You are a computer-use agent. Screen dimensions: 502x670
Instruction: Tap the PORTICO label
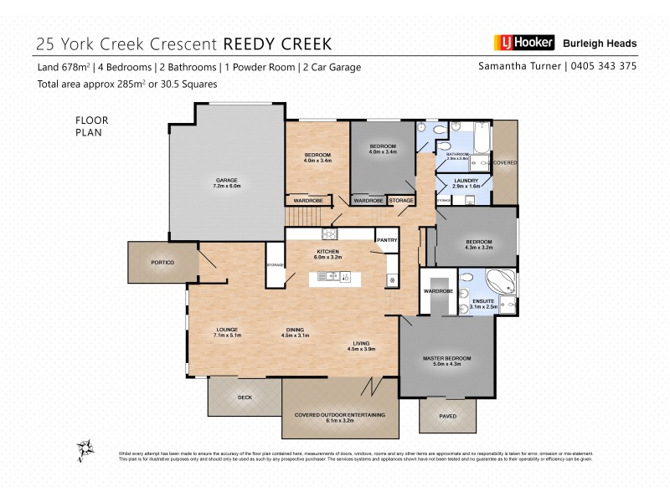pos(162,263)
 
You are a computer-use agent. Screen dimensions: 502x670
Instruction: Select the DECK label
pos(245,397)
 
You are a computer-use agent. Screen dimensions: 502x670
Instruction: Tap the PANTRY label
pos(386,240)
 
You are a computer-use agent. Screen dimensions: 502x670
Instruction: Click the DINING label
pos(295,332)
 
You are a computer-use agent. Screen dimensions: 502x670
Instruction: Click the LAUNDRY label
pos(466,183)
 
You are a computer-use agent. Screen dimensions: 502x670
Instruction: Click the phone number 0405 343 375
pos(604,66)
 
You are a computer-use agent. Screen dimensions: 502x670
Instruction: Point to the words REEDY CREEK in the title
pos(276,44)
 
